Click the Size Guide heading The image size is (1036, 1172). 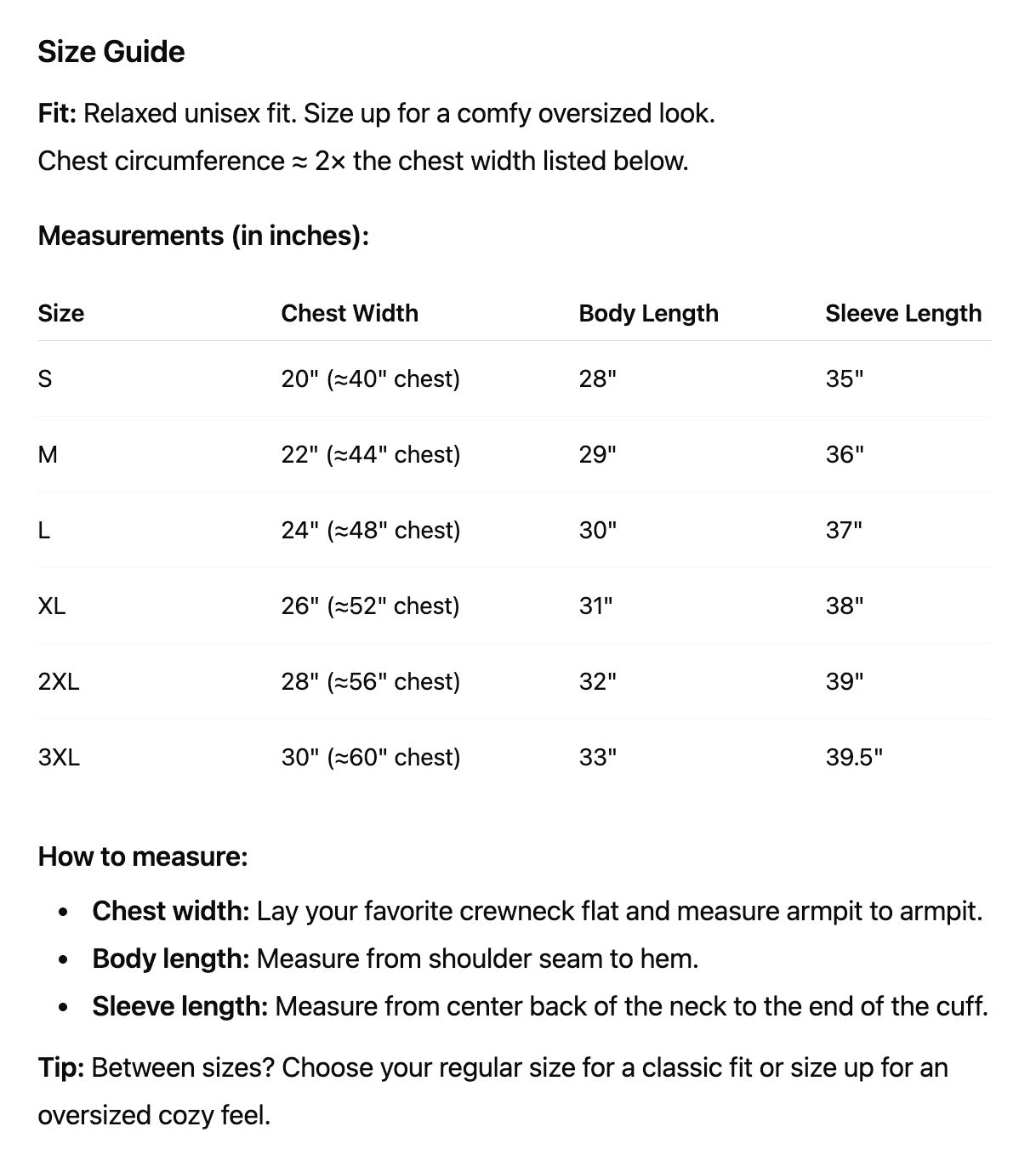(111, 52)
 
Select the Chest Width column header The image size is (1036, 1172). (350, 313)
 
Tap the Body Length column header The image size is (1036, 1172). (648, 313)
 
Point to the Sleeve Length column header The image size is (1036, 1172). (902, 313)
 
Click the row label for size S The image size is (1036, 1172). (45, 378)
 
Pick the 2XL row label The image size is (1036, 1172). (59, 681)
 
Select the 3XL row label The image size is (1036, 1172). (59, 757)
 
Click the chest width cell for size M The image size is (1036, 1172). (370, 454)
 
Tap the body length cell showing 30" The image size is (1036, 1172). (597, 530)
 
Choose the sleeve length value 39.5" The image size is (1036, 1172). (854, 757)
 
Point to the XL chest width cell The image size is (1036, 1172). (370, 606)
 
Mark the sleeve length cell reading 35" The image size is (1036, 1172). (844, 378)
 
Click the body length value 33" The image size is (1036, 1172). (597, 757)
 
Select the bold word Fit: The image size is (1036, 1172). (57, 113)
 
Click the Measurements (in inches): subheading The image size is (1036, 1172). (203, 235)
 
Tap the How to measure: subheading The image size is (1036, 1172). (143, 856)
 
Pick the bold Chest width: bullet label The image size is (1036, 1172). (170, 911)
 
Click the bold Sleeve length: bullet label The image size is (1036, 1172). (179, 1006)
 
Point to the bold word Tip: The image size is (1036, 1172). (60, 1067)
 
